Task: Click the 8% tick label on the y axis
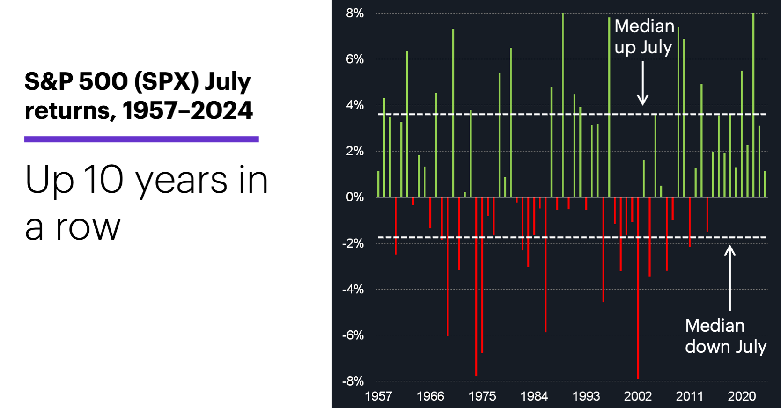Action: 354,13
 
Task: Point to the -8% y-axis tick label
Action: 353,381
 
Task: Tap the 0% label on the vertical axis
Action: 354,197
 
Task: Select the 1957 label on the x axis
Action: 378,396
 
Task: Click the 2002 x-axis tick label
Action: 638,396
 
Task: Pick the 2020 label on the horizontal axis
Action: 742,396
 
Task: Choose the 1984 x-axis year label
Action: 534,396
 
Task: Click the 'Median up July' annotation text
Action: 644,36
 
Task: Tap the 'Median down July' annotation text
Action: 725,336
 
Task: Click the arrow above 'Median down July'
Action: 730,278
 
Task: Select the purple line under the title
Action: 141,139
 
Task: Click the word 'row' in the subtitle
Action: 88,228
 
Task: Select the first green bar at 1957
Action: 378,184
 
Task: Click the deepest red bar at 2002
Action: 638,288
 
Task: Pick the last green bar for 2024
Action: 765,184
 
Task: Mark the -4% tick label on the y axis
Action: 353,289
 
